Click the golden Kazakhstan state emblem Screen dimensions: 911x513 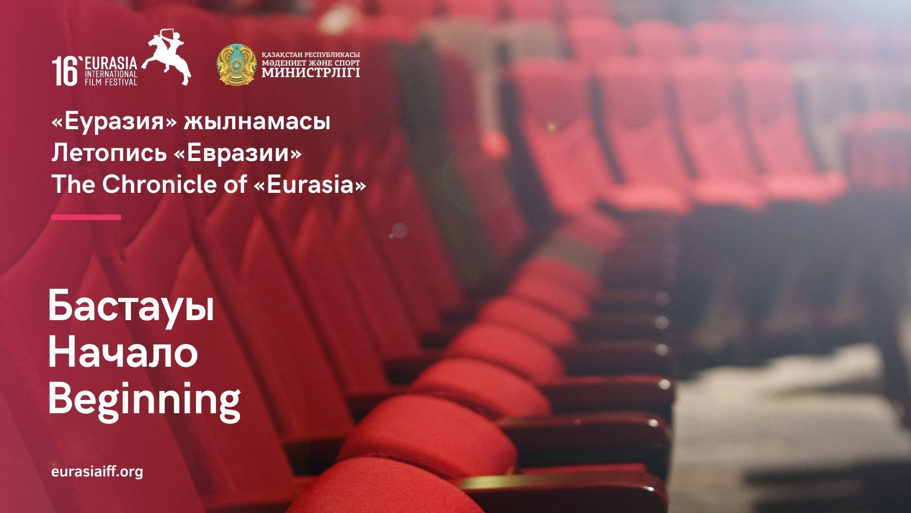coord(236,65)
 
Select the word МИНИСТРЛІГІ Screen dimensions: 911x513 coord(311,72)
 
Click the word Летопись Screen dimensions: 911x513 coord(109,153)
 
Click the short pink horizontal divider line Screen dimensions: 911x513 coord(86,217)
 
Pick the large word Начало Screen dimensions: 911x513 coord(123,353)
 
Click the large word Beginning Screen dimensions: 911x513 coord(144,400)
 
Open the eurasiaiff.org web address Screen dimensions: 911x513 coord(97,472)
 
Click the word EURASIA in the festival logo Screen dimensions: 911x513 coord(111,63)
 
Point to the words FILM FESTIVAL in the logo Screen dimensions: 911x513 coord(111,82)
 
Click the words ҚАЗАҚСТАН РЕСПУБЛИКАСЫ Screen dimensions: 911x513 coord(311,55)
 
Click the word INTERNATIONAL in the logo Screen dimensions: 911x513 coord(111,74)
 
